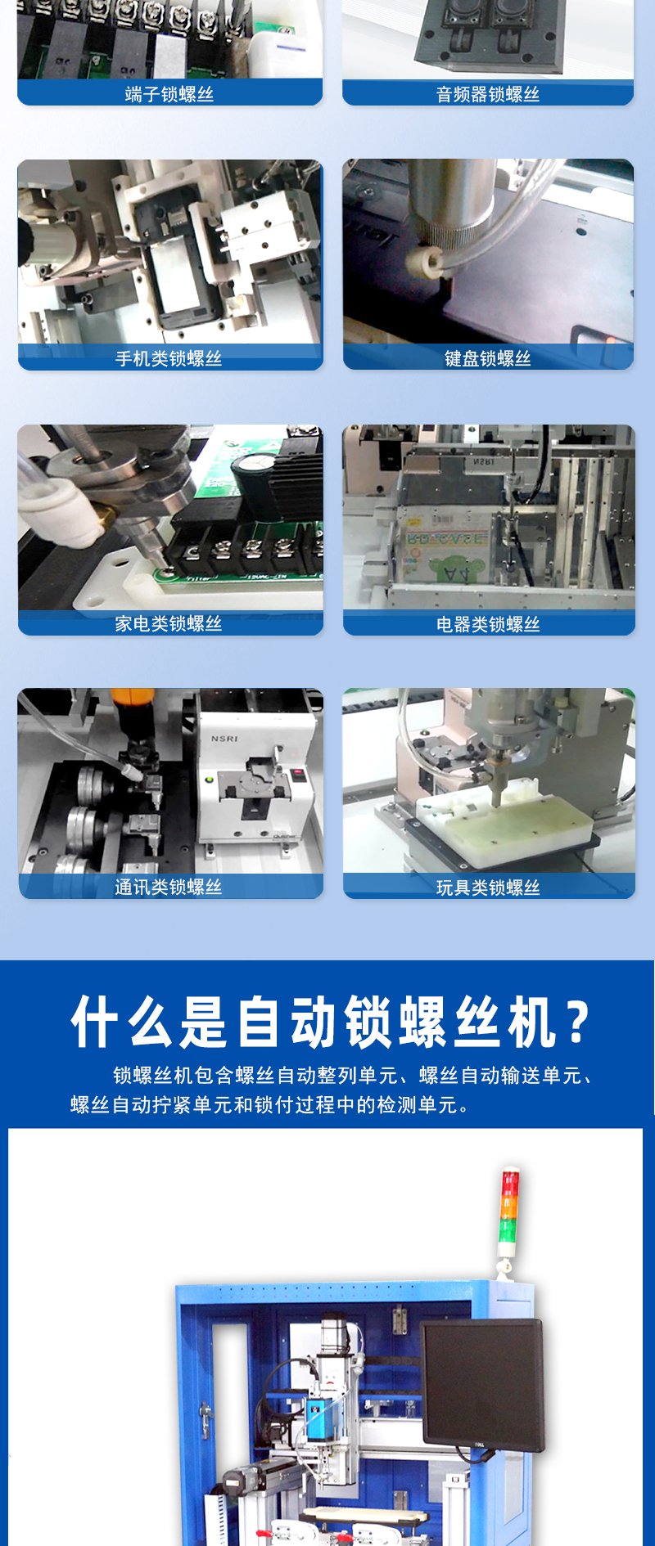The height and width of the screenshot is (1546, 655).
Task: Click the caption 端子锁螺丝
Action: click(169, 94)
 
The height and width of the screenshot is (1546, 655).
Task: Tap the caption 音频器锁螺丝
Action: click(488, 94)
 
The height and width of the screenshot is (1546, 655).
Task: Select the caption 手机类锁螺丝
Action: click(169, 358)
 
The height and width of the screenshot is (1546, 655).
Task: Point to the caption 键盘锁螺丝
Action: click(488, 358)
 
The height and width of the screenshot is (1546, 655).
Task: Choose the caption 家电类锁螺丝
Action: click(169, 623)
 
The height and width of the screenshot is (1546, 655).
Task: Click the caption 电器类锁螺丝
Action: click(488, 624)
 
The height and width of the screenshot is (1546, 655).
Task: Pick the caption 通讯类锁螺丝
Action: click(169, 887)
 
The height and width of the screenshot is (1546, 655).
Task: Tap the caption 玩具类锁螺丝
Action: click(488, 888)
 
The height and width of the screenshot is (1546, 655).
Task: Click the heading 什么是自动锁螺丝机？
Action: click(331, 1022)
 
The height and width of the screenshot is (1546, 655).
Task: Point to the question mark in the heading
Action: click(578, 1022)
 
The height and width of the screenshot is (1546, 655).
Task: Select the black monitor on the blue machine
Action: click(483, 1385)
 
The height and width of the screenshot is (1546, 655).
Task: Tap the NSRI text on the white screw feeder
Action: click(224, 739)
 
